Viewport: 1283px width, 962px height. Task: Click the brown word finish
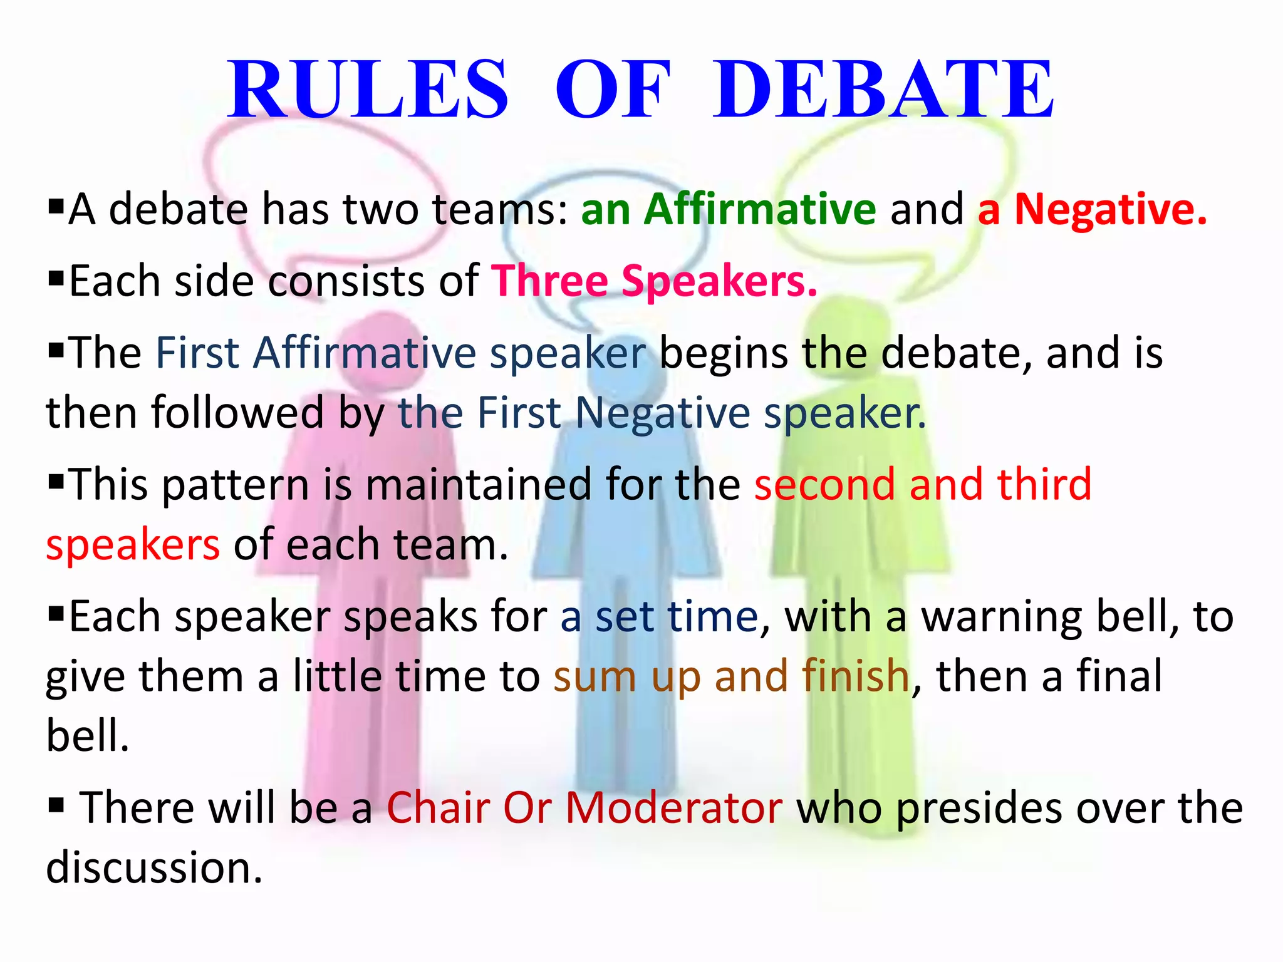coord(856,676)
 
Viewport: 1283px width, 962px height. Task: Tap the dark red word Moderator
coord(674,808)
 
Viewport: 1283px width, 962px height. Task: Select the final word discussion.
coord(153,867)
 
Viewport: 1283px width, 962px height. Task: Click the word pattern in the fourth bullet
coord(236,485)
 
